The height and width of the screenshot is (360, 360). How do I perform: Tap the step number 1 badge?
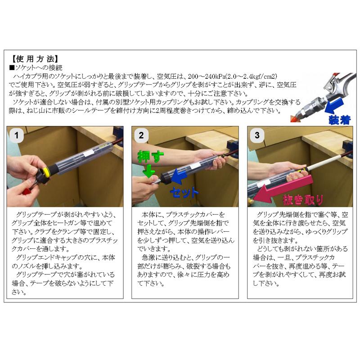tap(18, 135)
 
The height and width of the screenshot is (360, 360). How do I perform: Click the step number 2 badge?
tap(141, 135)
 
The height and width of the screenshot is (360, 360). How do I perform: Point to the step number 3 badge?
tap(257, 135)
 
